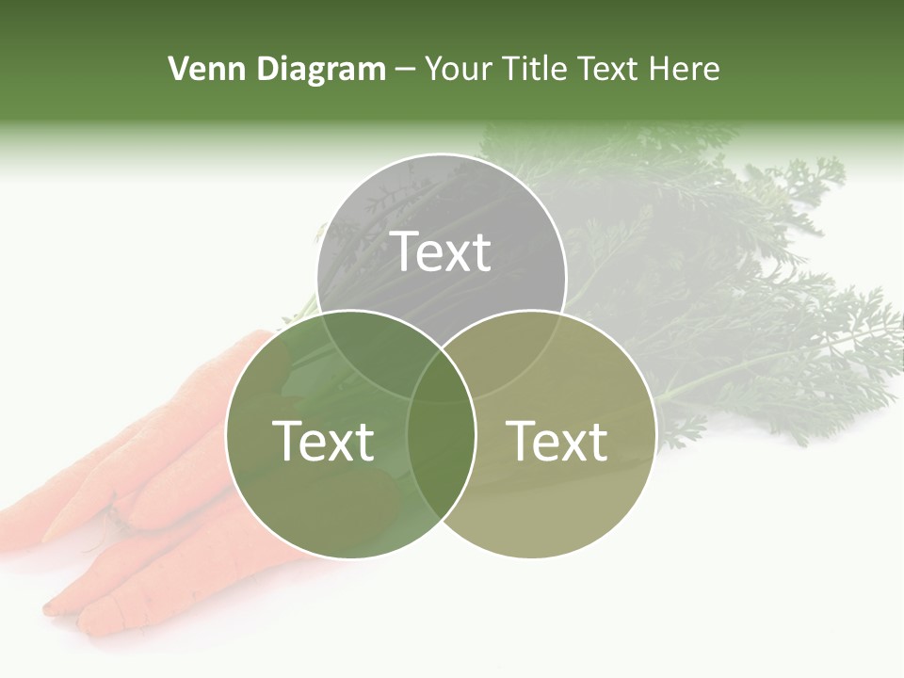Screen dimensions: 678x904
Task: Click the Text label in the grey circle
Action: pyautogui.click(x=441, y=251)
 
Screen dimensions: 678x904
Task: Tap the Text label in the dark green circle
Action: pyautogui.click(x=323, y=441)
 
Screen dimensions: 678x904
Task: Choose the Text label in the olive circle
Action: pyautogui.click(x=557, y=441)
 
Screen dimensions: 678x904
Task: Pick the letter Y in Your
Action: pyautogui.click(x=434, y=69)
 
